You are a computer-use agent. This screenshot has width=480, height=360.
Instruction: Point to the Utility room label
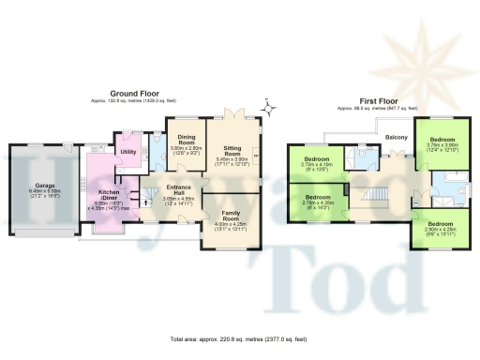click(x=128, y=152)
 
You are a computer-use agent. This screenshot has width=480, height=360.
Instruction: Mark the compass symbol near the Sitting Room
click(x=270, y=109)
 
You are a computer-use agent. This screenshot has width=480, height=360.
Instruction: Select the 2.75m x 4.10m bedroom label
click(x=322, y=163)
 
